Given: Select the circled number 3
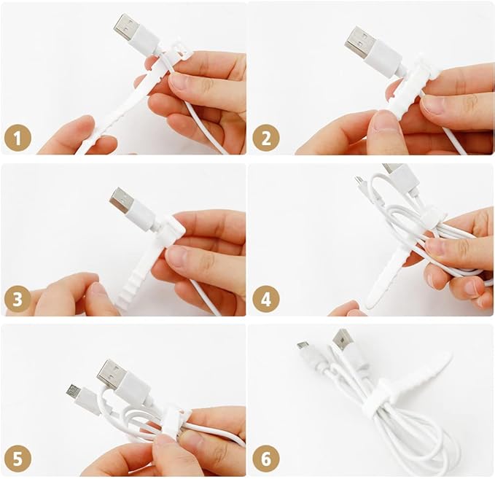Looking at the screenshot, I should (17, 299).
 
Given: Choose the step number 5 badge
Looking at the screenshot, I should (17, 459).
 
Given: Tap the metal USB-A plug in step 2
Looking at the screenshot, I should (359, 41).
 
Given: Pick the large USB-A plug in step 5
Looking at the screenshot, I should (111, 372).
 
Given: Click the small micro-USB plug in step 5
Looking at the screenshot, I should (74, 391).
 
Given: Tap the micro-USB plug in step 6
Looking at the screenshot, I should (302, 346).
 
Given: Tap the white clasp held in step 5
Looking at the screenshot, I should (174, 420).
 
